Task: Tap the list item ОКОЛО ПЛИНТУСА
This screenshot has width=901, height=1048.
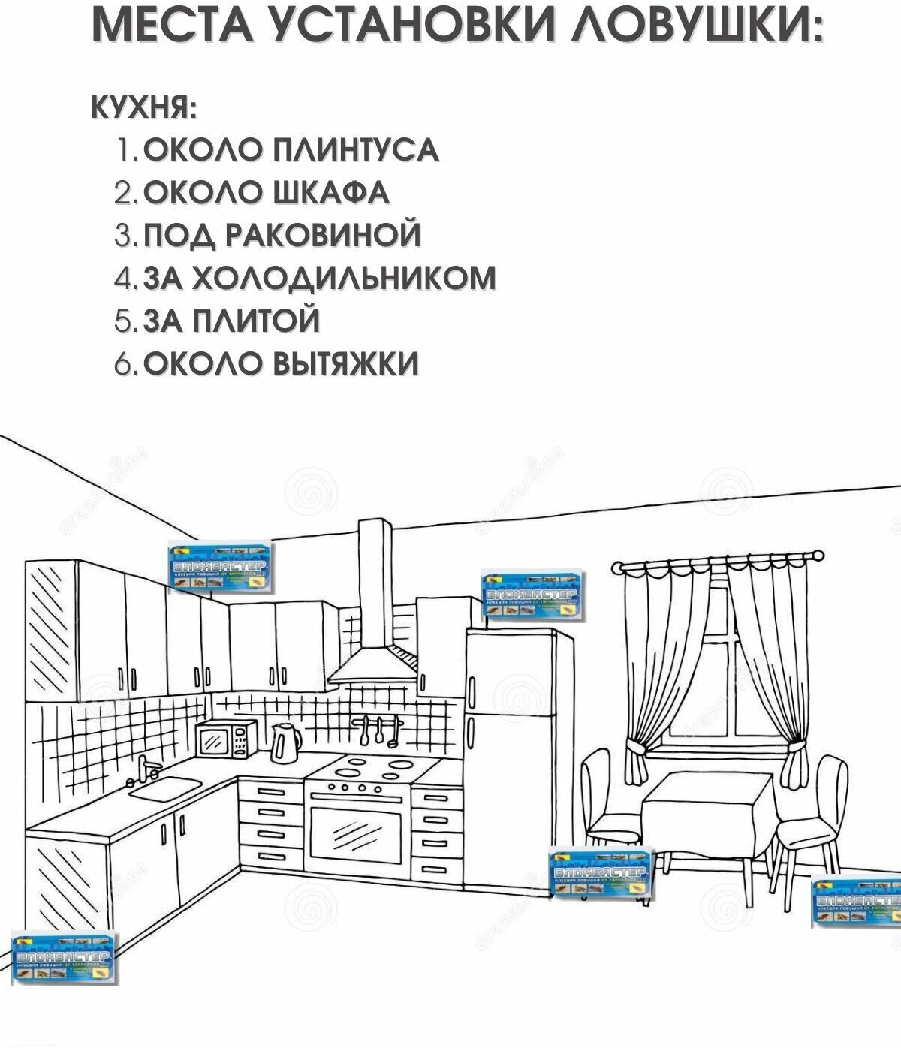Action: tap(290, 150)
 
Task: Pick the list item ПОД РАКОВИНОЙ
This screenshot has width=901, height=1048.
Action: tap(281, 235)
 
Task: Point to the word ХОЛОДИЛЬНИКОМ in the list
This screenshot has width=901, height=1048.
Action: tap(345, 278)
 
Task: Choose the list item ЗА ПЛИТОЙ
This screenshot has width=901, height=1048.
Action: tap(231, 321)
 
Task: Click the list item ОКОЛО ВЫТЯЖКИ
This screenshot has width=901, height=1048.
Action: tap(280, 363)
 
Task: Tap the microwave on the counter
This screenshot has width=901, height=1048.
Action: tap(226, 739)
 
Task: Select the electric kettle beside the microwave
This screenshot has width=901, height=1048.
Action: tap(285, 742)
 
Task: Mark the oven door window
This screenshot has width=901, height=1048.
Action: tap(357, 835)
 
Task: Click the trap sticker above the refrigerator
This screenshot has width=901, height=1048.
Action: tap(533, 595)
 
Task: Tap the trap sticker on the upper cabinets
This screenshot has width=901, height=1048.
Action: tap(220, 568)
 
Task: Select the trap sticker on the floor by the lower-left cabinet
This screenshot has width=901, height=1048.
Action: tap(64, 957)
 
